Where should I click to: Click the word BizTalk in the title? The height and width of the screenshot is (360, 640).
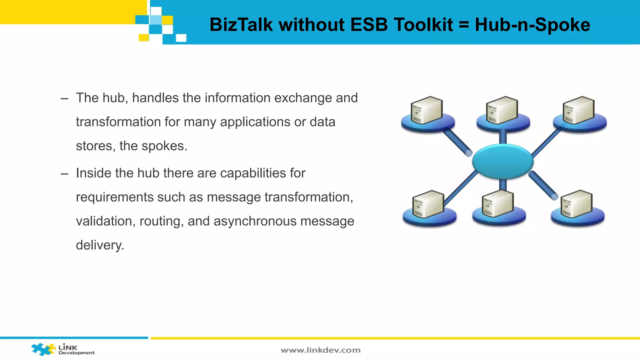point(241,25)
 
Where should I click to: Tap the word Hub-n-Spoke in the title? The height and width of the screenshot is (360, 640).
point(532,25)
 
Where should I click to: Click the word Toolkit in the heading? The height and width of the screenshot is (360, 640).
point(423,25)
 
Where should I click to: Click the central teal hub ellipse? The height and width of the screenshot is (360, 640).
point(502,162)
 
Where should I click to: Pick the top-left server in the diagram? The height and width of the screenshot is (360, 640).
point(427,111)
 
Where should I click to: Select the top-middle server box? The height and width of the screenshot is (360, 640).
point(502,111)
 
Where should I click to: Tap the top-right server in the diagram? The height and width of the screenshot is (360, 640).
point(579,111)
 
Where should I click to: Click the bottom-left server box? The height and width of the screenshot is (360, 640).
point(428,204)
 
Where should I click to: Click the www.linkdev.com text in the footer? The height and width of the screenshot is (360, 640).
point(321,350)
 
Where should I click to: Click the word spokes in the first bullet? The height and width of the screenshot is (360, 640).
point(162,146)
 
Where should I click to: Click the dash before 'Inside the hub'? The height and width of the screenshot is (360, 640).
point(64,174)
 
